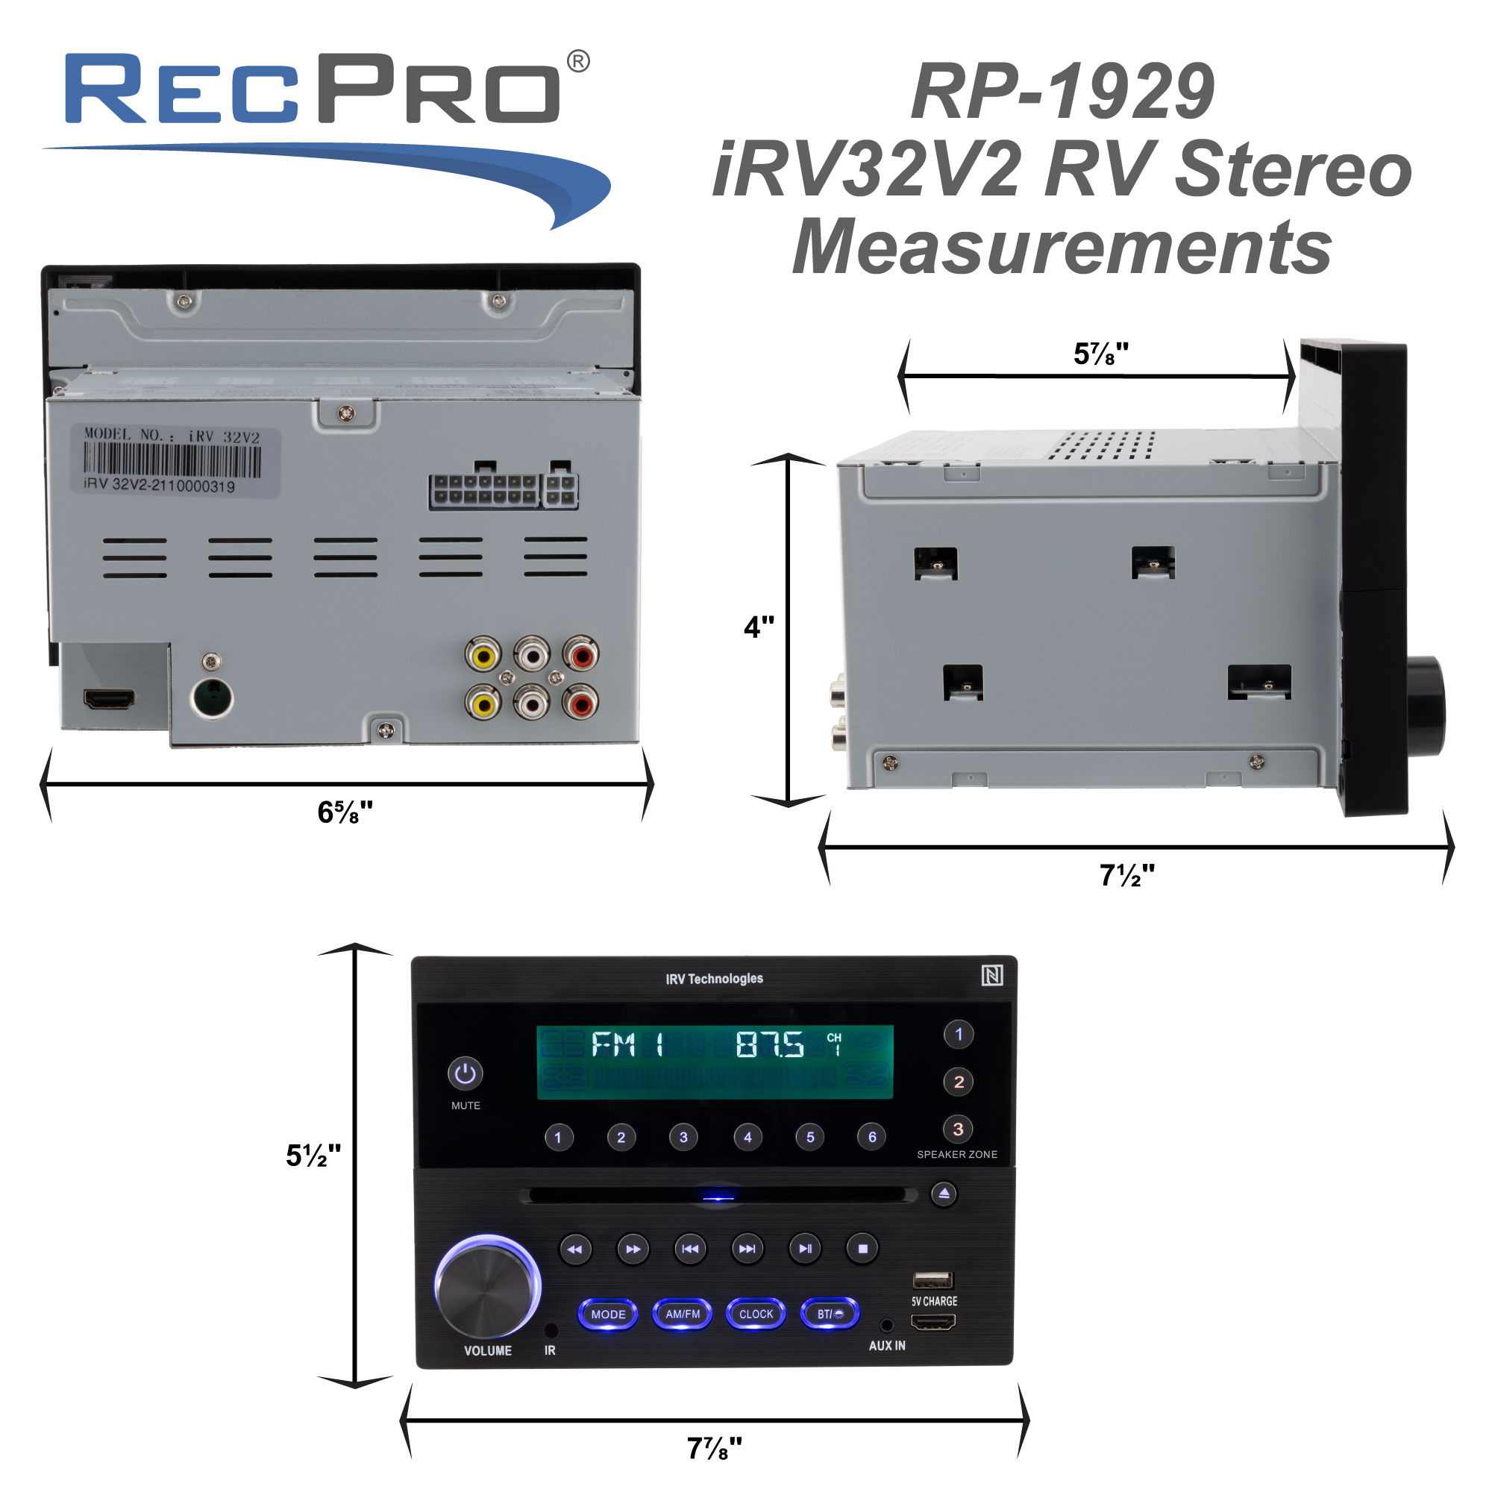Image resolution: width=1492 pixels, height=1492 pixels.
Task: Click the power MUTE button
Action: pos(465,1073)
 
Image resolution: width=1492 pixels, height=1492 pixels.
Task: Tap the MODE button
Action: pos(609,1314)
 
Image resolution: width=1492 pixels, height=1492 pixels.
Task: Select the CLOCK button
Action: pos(756,1314)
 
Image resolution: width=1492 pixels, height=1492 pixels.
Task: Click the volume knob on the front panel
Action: pos(486,1288)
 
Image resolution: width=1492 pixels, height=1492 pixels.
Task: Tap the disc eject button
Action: pos(944,1194)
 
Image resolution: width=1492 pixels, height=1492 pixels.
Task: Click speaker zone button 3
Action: pos(959,1129)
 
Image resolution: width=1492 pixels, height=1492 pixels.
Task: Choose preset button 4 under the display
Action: pos(747,1137)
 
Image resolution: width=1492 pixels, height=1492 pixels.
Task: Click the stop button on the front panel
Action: pos(862,1249)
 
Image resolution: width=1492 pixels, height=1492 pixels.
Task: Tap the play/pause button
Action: pos(805,1249)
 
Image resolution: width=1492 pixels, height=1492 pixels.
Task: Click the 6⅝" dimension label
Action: pos(345,812)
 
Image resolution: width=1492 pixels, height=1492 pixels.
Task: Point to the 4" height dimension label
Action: pos(759,627)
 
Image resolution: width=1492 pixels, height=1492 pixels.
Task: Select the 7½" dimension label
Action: pos(1126,876)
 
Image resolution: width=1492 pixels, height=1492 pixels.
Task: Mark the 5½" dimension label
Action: pos(313,1156)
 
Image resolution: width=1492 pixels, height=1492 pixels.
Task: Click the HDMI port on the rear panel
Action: pos(109,700)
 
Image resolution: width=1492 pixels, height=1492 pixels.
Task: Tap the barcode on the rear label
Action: pos(172,461)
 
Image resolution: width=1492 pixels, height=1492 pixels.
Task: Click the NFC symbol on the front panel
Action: pos(992,976)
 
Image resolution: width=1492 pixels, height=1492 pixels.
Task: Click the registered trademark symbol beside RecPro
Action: pos(578,62)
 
